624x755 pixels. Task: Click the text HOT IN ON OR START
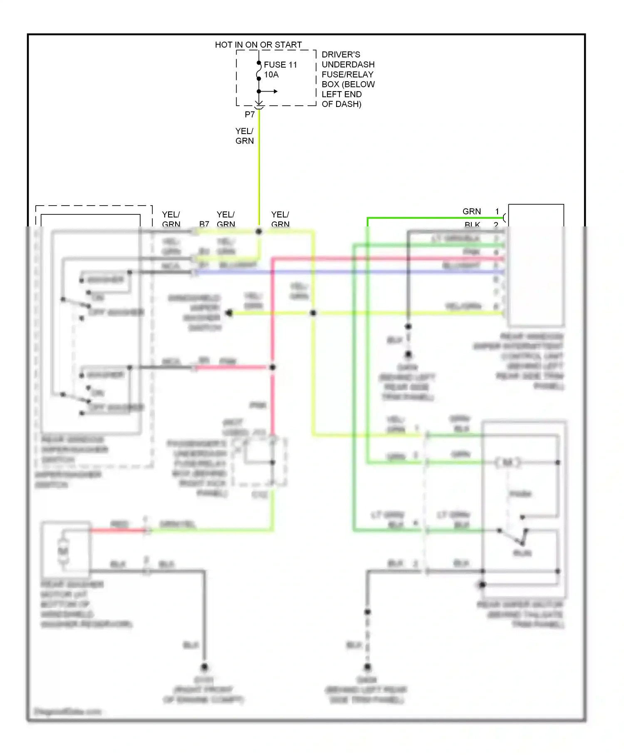[258, 45]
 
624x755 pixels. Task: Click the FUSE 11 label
[280, 65]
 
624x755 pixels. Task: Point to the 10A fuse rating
[271, 75]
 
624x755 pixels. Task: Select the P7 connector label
[250, 114]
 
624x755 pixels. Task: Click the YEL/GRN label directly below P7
[244, 136]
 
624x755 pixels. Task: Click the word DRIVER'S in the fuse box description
[341, 55]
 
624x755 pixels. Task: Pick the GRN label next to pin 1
[471, 211]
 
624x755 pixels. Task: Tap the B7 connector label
[204, 224]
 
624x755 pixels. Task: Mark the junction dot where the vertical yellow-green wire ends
[259, 231]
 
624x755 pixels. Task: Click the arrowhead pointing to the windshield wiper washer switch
[228, 313]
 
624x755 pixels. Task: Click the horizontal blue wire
[349, 272]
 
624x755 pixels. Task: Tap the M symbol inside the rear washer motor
[63, 551]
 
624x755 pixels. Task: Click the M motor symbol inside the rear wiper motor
[508, 462]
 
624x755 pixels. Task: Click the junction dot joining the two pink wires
[272, 368]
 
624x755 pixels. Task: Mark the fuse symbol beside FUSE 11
[258, 74]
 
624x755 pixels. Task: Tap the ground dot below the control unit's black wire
[408, 354]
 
